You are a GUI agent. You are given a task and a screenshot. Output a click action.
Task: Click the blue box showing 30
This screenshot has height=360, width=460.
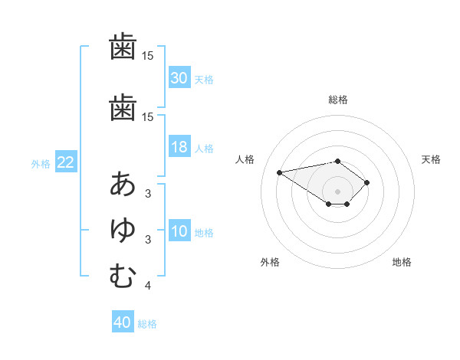(x=179, y=78)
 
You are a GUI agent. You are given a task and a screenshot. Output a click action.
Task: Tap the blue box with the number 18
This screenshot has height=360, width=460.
(x=179, y=148)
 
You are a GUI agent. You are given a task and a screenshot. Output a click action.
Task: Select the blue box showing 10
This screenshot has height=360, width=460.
(x=179, y=231)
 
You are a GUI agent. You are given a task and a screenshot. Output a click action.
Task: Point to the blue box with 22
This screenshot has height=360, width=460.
(x=66, y=162)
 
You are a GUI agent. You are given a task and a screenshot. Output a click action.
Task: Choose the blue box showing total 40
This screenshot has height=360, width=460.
(x=123, y=322)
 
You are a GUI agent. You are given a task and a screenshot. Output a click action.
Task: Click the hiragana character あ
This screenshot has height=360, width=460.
(x=123, y=184)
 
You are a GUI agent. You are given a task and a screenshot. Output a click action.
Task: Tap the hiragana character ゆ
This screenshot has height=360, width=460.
(x=123, y=230)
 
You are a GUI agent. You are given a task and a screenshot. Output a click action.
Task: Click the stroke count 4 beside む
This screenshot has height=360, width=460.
(x=148, y=286)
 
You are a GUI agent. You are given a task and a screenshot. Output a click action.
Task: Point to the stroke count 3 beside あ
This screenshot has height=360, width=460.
(x=148, y=193)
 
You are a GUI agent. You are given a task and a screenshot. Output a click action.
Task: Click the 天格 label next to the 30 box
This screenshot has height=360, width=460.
(x=204, y=79)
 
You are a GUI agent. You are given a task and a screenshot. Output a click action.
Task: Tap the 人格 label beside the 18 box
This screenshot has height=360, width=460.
(x=204, y=149)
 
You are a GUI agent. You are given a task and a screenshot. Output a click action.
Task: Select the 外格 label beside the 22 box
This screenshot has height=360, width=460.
(x=41, y=163)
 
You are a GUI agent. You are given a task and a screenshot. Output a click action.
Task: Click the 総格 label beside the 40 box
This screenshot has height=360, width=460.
(x=147, y=323)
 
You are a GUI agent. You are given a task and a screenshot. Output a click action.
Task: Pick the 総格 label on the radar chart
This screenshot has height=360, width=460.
(x=338, y=100)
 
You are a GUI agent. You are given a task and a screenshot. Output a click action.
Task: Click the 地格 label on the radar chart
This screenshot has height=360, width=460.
(x=402, y=262)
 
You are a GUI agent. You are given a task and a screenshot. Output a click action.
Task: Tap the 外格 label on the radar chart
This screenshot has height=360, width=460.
(x=270, y=262)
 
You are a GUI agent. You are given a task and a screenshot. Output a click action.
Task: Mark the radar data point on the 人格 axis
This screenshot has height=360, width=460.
(x=280, y=172)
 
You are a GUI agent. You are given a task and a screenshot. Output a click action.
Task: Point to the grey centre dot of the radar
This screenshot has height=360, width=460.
(x=338, y=191)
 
